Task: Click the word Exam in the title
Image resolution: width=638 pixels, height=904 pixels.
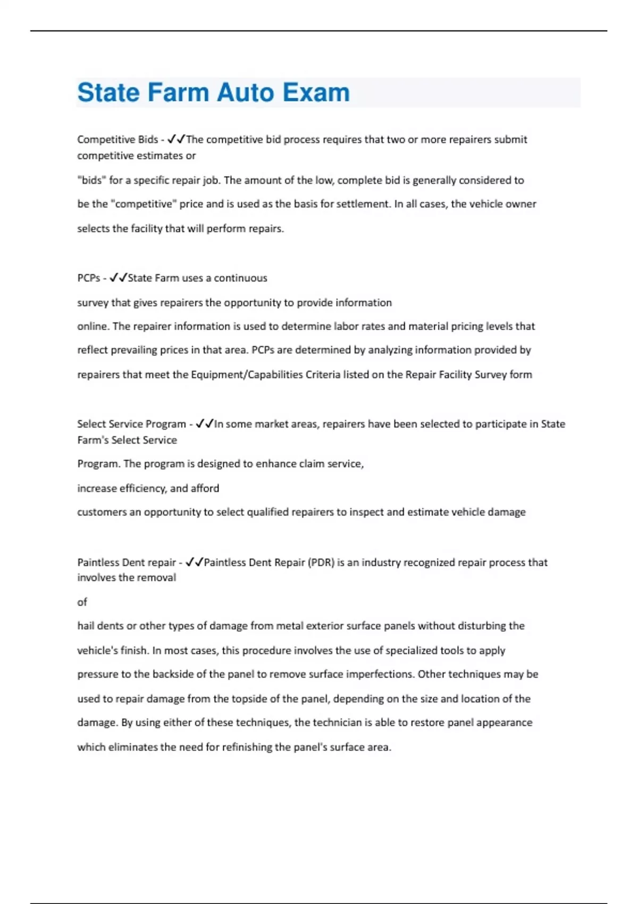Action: click(316, 93)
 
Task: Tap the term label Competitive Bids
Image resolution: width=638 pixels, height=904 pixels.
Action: click(117, 139)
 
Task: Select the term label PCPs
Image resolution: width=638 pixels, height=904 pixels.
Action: click(89, 278)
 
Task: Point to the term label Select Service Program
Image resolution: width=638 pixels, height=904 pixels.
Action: click(131, 424)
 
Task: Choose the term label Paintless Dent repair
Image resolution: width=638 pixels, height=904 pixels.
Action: click(127, 562)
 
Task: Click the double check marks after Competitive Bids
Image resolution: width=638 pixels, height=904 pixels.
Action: click(175, 139)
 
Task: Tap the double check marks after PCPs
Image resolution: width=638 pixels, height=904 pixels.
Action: click(118, 278)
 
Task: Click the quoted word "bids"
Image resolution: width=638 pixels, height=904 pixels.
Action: click(91, 180)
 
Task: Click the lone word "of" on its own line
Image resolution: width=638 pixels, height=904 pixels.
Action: click(82, 602)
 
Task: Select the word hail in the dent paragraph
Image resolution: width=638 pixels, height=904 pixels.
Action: click(87, 626)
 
